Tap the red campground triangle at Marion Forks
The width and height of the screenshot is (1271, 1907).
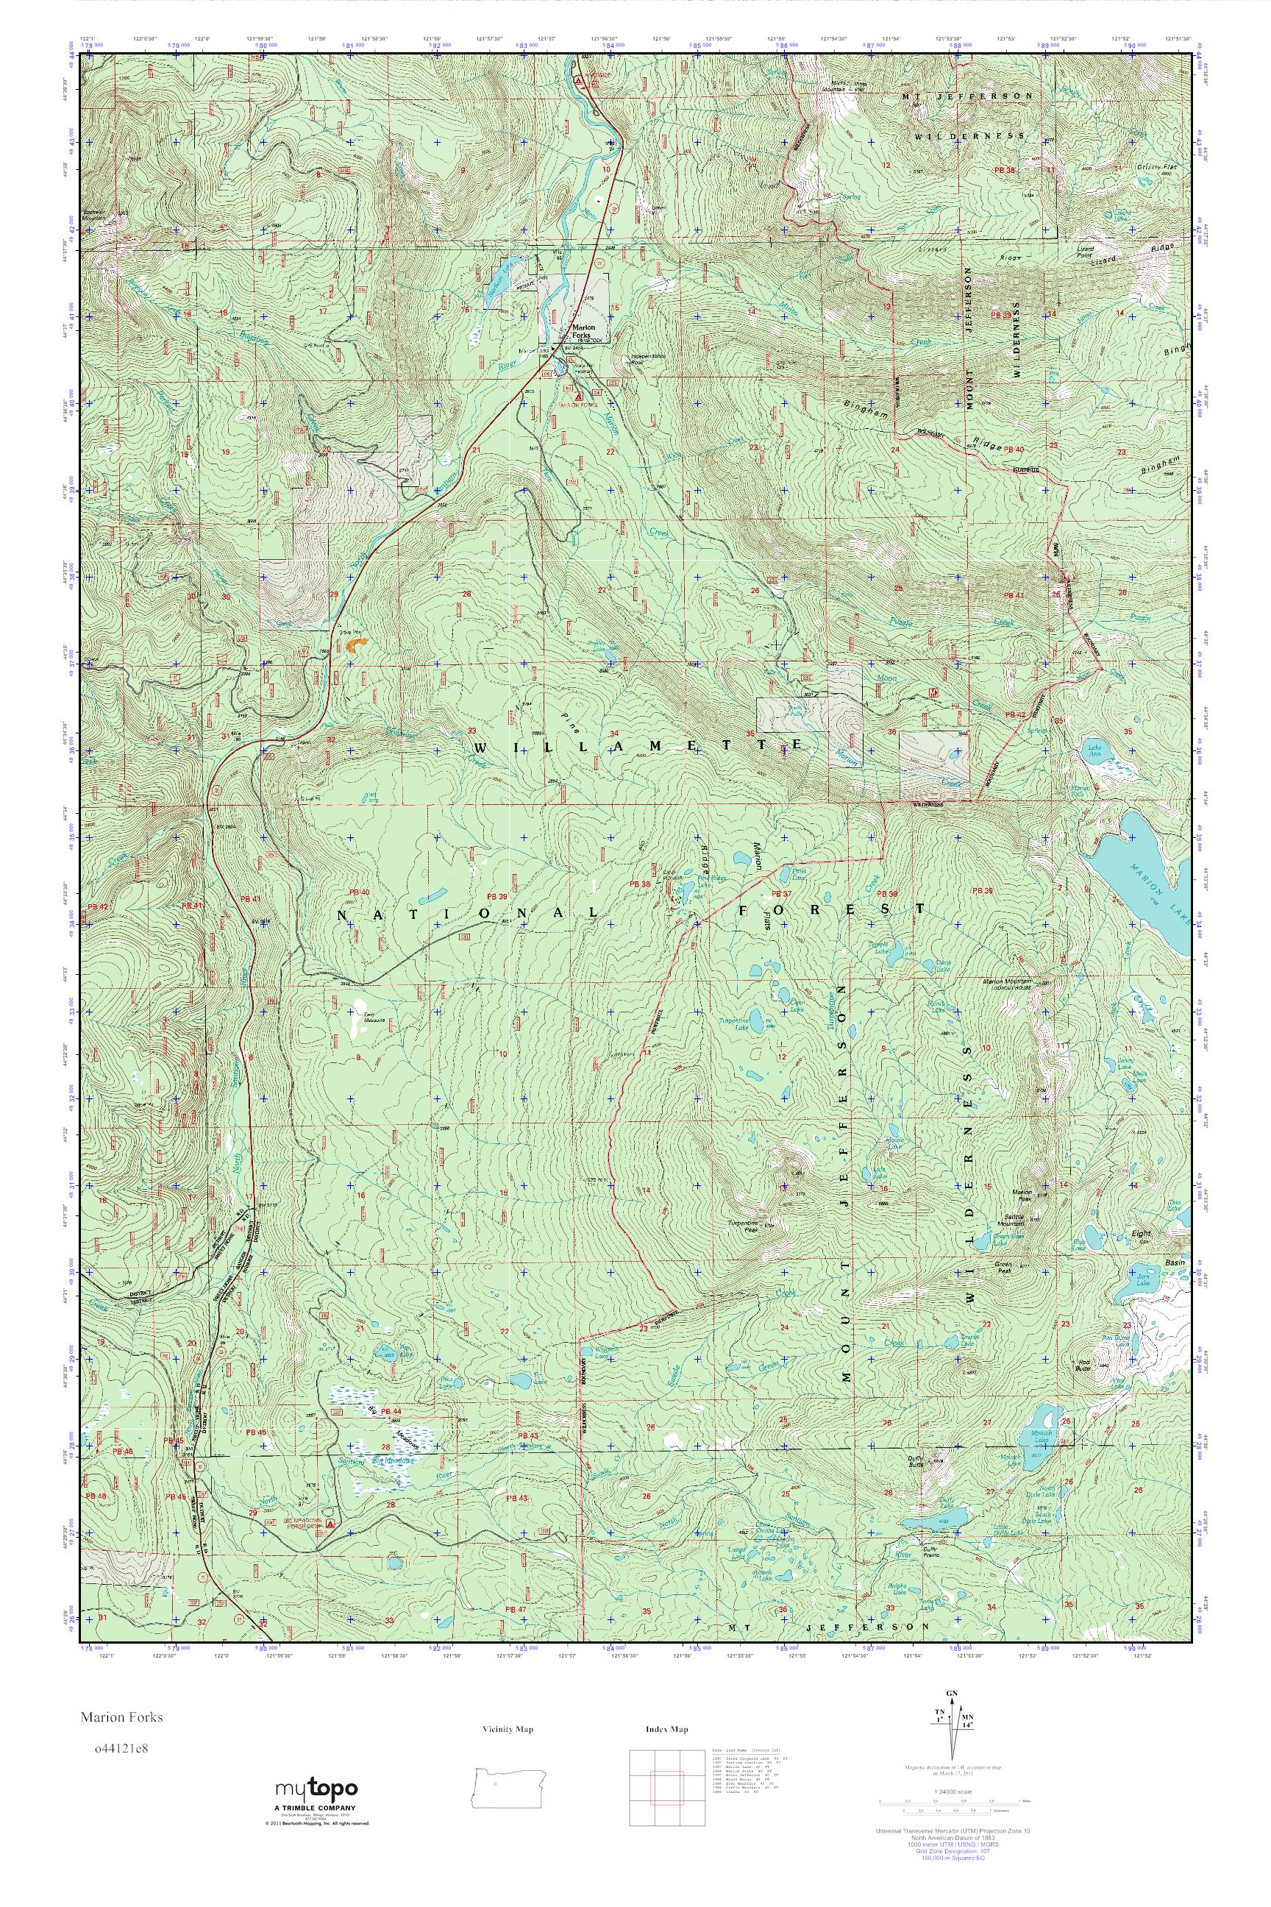pyautogui.click(x=577, y=398)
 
